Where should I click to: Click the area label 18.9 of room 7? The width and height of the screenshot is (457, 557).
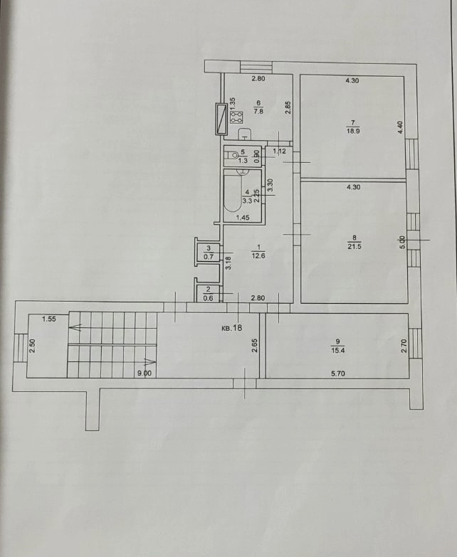pyautogui.click(x=353, y=131)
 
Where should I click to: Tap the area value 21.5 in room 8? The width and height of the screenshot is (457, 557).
pyautogui.click(x=354, y=247)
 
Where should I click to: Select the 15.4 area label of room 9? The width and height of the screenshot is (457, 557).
pyautogui.click(x=337, y=350)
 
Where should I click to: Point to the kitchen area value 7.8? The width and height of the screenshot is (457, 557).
pyautogui.click(x=258, y=111)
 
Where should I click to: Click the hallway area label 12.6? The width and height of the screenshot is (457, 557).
pyautogui.click(x=258, y=255)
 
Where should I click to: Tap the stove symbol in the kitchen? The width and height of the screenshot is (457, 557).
pyautogui.click(x=237, y=117)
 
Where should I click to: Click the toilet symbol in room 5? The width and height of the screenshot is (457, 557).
pyautogui.click(x=233, y=155)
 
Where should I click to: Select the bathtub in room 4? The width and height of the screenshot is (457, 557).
pyautogui.click(x=231, y=193)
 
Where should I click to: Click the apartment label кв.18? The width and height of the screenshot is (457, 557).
pyautogui.click(x=231, y=327)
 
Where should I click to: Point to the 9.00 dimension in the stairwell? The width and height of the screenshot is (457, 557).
pyautogui.click(x=145, y=373)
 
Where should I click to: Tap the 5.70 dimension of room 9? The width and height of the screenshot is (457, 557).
pyautogui.click(x=337, y=373)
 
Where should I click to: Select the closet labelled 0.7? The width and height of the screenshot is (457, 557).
pyautogui.click(x=209, y=253)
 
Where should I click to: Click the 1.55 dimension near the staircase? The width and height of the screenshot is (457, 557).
pyautogui.click(x=49, y=319)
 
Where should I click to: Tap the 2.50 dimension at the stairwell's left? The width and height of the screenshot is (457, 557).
pyautogui.click(x=32, y=346)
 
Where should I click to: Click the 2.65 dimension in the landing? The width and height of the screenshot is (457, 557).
pyautogui.click(x=254, y=346)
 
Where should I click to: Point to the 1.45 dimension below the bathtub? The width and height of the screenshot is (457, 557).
pyautogui.click(x=243, y=218)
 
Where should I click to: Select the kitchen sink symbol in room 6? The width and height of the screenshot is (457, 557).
pyautogui.click(x=244, y=134)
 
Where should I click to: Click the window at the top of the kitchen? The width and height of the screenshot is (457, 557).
pyautogui.click(x=256, y=66)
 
